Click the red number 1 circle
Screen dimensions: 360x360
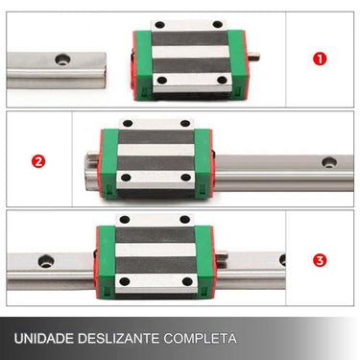(x=320, y=58)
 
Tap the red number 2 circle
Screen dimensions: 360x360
(x=39, y=160)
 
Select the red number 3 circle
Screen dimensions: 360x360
(x=320, y=259)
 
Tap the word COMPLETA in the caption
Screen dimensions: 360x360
(x=203, y=339)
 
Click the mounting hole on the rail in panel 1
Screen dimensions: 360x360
(x=63, y=59)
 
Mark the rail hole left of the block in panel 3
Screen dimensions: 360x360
(x=45, y=259)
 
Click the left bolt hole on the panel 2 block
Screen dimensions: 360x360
(x=126, y=122)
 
